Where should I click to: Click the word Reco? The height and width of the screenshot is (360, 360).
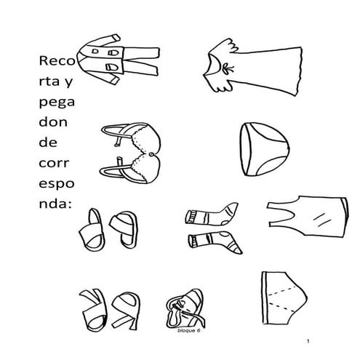pyautogui.click(x=57, y=60)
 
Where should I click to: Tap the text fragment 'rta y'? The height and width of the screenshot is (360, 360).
pyautogui.click(x=56, y=81)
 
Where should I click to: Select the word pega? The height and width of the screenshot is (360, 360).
pyautogui.click(x=57, y=103)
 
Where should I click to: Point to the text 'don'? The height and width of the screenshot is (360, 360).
pyautogui.click(x=53, y=122)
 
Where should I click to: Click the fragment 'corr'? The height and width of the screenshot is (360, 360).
pyautogui.click(x=54, y=163)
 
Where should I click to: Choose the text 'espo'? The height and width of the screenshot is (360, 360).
pyautogui.click(x=57, y=184)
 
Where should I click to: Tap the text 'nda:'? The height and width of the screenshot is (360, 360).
pyautogui.click(x=55, y=204)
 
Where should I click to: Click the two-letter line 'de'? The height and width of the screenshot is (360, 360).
pyautogui.click(x=48, y=143)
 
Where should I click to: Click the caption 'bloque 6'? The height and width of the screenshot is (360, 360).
pyautogui.click(x=189, y=330)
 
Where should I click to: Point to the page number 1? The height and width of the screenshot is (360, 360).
pyautogui.click(x=308, y=341)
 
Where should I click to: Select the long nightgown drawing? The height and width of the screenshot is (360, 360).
pyautogui.click(x=253, y=67)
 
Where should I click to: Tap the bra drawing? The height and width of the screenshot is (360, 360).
pyautogui.click(x=131, y=153)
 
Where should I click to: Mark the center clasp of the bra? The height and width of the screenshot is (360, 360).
pyautogui.click(x=152, y=154)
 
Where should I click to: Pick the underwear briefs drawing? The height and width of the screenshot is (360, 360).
pyautogui.click(x=265, y=149)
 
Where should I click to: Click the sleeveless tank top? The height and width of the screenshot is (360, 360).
pyautogui.click(x=308, y=217)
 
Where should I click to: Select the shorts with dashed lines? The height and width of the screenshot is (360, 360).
pyautogui.click(x=284, y=297)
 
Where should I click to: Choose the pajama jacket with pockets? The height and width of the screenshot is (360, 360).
pyautogui.click(x=100, y=60)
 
